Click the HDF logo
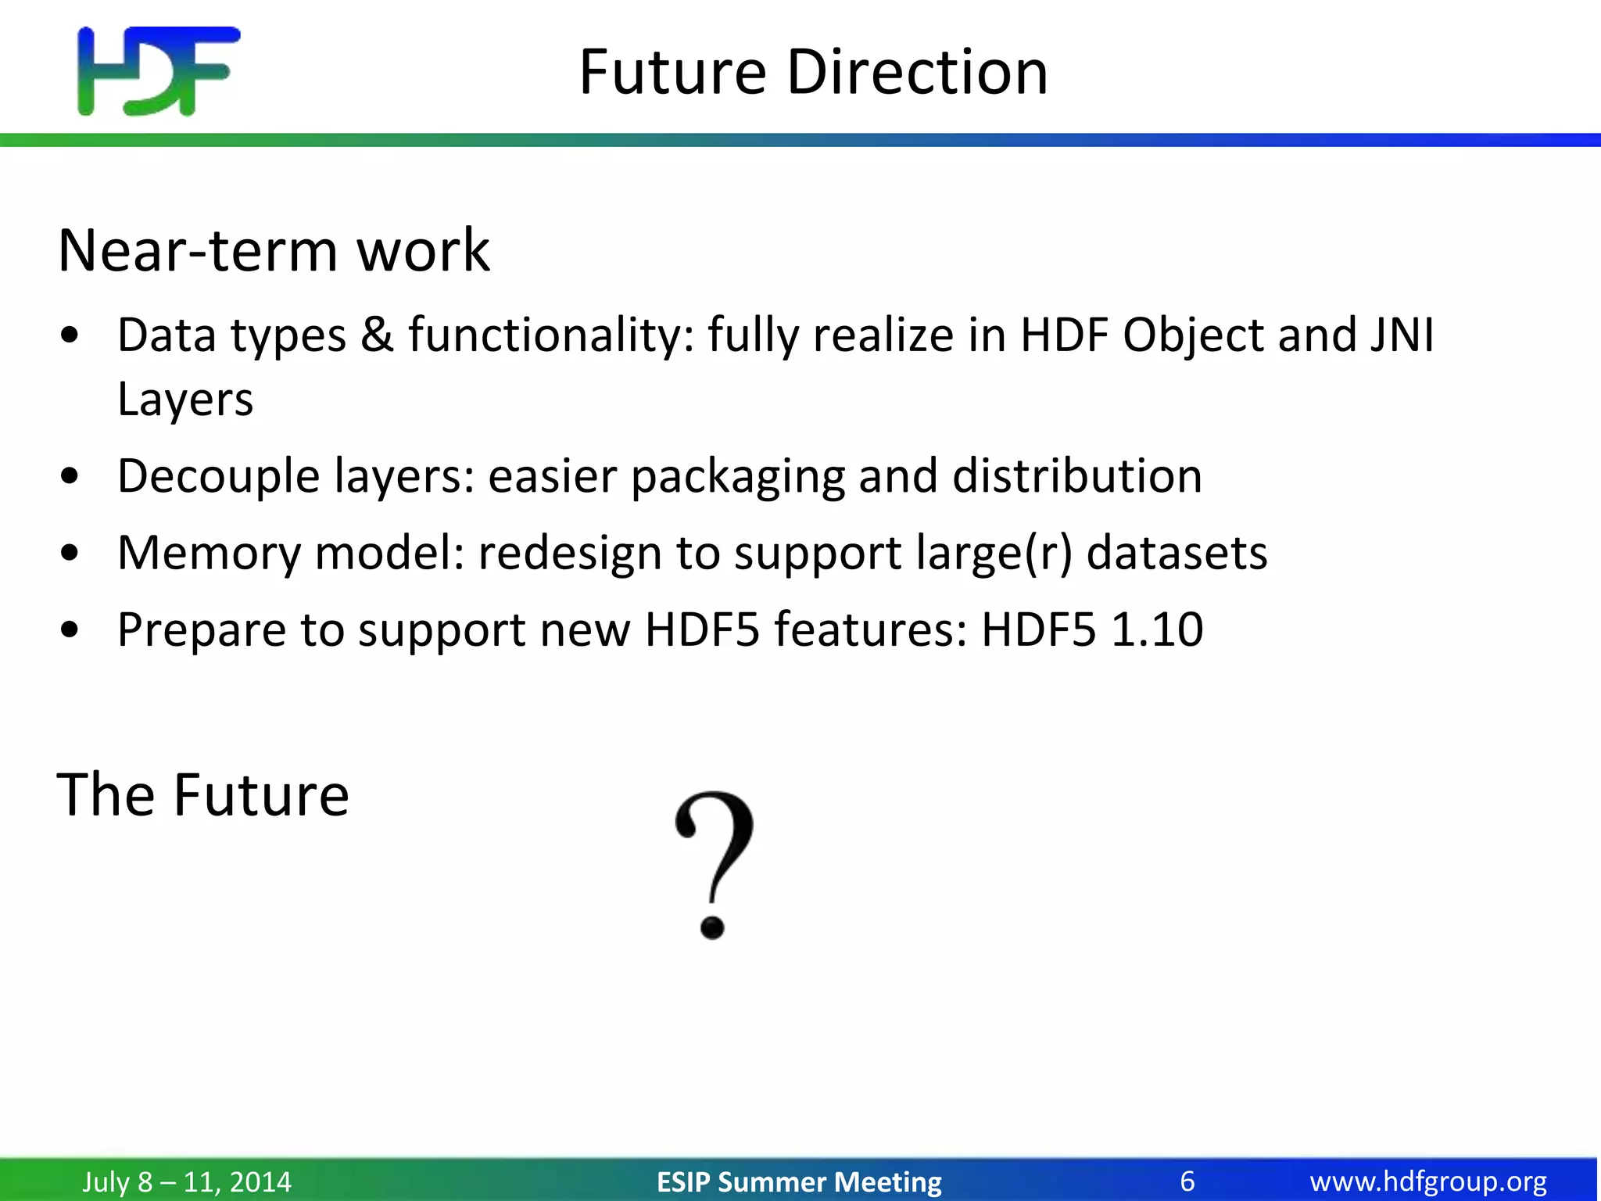[x=159, y=71]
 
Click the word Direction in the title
[x=916, y=72]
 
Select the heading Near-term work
[x=274, y=250]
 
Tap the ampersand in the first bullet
[x=377, y=335]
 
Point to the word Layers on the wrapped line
[x=185, y=400]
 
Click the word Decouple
[x=218, y=476]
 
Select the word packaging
[x=737, y=476]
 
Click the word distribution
[x=1076, y=475]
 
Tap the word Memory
[x=209, y=553]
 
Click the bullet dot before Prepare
[x=70, y=630]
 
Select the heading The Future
[x=202, y=794]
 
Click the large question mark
[x=713, y=863]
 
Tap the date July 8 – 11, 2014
[x=187, y=1181]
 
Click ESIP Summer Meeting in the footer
[x=799, y=1181]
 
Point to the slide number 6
[x=1187, y=1181]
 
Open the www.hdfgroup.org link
[x=1428, y=1181]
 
